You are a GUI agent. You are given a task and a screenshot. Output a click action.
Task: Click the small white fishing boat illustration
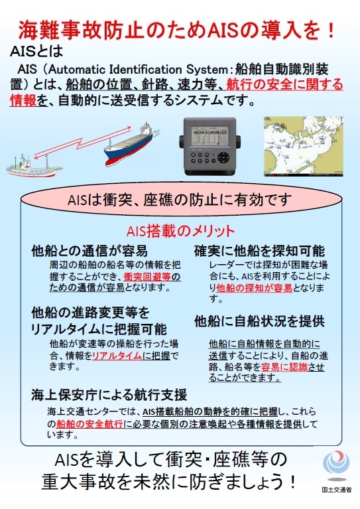[x=34, y=166]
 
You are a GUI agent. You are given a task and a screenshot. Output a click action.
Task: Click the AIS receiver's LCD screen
[x=210, y=136]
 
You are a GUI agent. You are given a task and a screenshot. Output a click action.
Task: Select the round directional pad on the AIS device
[x=223, y=158]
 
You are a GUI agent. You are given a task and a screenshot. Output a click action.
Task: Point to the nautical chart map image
[x=303, y=146]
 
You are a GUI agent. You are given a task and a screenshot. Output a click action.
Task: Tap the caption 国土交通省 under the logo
[x=337, y=490]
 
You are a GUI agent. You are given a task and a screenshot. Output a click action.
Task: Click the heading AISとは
[x=36, y=51]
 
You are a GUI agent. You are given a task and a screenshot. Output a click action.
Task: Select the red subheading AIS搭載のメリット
[x=180, y=231]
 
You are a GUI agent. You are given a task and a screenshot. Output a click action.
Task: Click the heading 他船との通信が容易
[x=90, y=251]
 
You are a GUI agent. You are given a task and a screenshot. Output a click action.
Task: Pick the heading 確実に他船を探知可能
[x=259, y=251]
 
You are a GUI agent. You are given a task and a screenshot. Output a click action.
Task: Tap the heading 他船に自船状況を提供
[x=259, y=321]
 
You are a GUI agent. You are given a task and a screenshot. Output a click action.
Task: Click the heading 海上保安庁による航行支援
[x=109, y=395]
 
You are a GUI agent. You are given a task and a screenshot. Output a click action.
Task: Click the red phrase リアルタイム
[x=117, y=356]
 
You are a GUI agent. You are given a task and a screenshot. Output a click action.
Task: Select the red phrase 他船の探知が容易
[x=255, y=288]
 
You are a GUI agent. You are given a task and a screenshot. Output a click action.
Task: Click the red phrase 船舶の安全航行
[x=90, y=423]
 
